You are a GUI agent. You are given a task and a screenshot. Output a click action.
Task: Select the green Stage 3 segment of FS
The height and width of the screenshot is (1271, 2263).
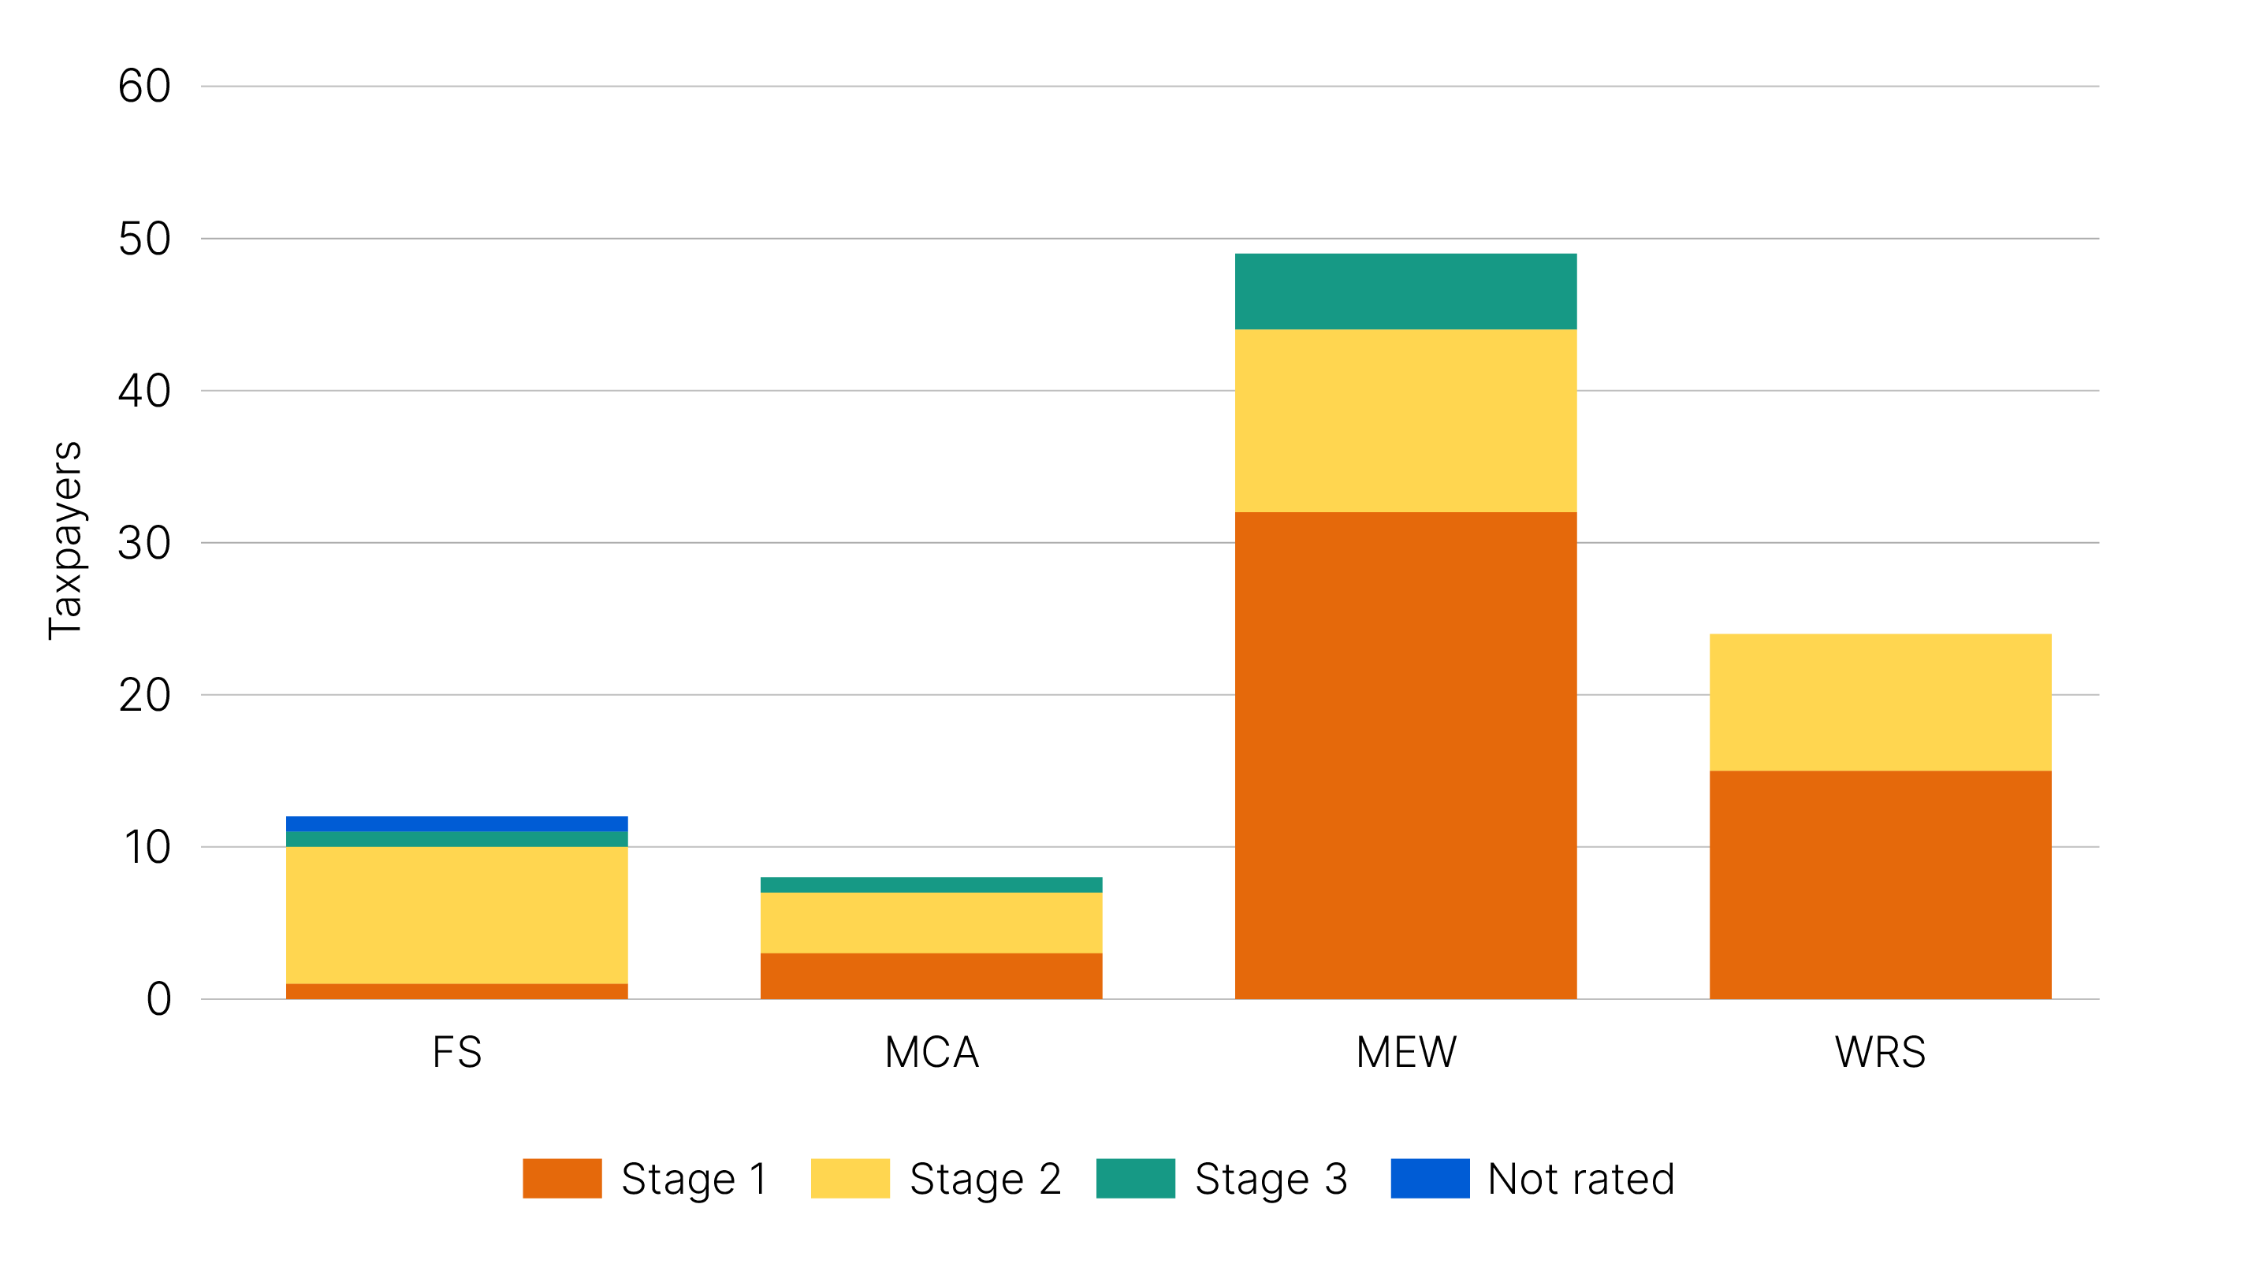(457, 839)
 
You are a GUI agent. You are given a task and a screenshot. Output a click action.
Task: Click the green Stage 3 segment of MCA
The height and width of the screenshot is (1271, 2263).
(931, 885)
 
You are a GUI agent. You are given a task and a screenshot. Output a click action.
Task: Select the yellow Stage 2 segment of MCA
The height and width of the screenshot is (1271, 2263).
(931, 922)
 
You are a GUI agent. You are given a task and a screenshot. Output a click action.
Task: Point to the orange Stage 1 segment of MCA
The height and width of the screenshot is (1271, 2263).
(931, 976)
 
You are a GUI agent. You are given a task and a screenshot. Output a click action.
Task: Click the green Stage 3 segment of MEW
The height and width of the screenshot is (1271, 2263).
(1405, 292)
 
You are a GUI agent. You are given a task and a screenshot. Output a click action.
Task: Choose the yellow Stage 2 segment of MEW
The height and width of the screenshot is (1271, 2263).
(1405, 421)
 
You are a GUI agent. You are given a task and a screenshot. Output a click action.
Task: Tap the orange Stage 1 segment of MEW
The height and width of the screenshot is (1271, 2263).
(1405, 756)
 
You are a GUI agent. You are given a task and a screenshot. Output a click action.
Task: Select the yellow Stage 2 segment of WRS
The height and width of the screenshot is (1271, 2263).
(1880, 702)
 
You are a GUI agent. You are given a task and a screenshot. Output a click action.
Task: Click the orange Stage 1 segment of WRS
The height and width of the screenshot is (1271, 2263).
(1880, 885)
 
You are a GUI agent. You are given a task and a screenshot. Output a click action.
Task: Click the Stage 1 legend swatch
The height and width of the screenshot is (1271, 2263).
(562, 1178)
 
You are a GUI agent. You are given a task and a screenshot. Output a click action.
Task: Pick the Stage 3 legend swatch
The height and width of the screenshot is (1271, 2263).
(1135, 1178)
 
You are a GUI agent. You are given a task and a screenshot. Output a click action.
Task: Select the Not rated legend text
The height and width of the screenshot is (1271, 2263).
(1580, 1178)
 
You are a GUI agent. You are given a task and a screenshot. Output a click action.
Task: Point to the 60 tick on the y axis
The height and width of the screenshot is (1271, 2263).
(145, 86)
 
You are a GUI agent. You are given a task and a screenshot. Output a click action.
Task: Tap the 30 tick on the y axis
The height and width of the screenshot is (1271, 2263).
(145, 543)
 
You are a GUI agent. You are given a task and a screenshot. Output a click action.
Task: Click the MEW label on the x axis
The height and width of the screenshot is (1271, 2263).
(1405, 1051)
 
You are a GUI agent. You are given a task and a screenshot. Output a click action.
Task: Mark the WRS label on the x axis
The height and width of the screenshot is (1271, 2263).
(1880, 1051)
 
